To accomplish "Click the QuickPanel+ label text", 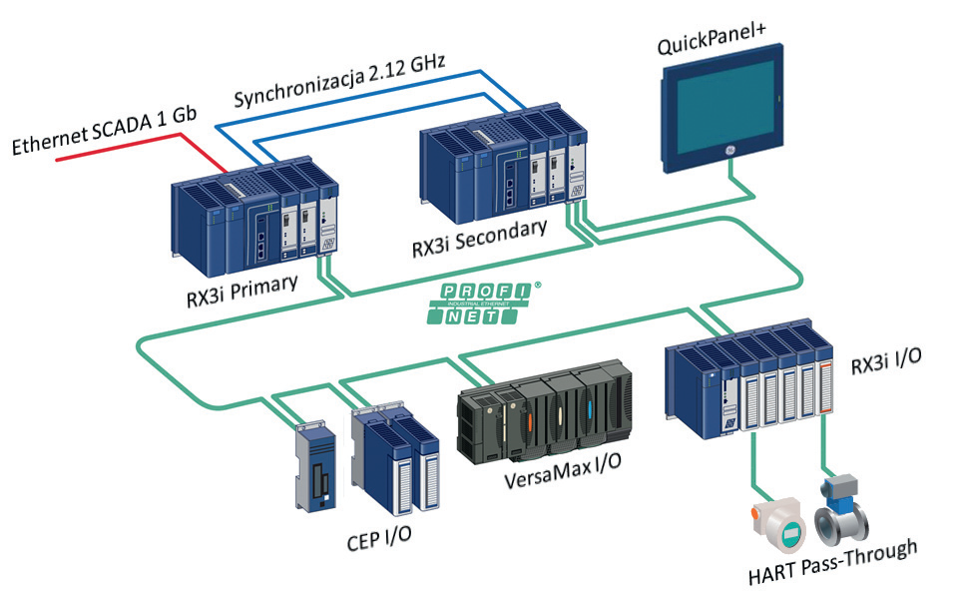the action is [x=712, y=38].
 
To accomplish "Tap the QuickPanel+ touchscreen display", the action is [x=723, y=108].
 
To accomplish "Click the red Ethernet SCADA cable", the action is [x=142, y=150].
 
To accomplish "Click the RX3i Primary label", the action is [x=242, y=291].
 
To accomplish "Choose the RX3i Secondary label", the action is [x=480, y=238].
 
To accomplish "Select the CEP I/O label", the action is [x=379, y=538].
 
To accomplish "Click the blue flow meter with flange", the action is [x=841, y=508].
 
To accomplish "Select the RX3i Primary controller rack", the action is [x=254, y=218].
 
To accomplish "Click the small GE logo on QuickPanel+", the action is [x=729, y=152].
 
